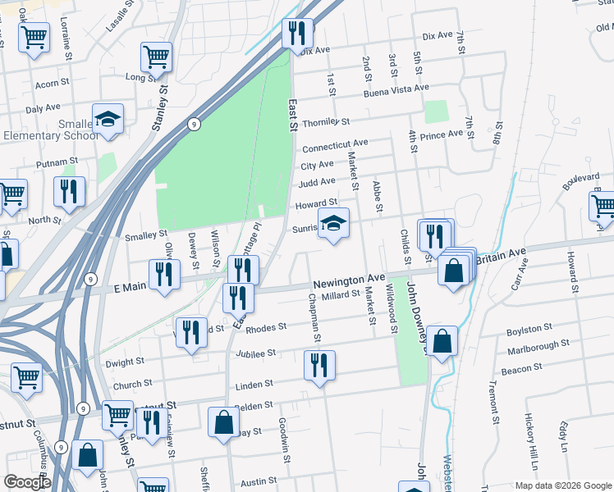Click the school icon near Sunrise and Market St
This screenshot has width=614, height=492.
pos(333,224)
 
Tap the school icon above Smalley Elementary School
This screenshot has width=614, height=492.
pos(108,120)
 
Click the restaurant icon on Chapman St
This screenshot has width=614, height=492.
pos(319,365)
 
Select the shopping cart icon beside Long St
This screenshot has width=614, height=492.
pos(156,57)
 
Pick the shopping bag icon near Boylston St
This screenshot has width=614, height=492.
pos(442,342)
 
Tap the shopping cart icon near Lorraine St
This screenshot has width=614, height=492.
pos(34,37)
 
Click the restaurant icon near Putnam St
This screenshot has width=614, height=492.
pos(69,192)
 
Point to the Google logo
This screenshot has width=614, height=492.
pos(27,482)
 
